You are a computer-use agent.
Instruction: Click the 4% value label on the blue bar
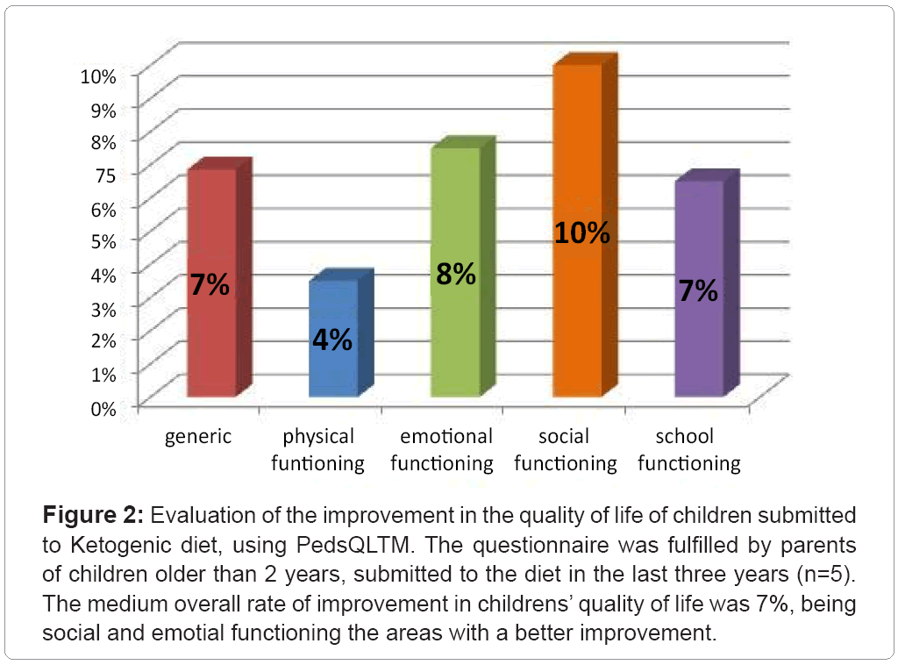(x=333, y=340)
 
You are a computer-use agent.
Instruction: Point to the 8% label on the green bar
(x=456, y=275)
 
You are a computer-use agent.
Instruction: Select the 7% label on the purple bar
(x=698, y=291)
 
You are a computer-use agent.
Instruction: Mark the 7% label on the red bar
(x=210, y=284)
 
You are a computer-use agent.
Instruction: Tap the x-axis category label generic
(x=198, y=436)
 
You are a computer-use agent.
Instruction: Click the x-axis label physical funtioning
(x=317, y=449)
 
